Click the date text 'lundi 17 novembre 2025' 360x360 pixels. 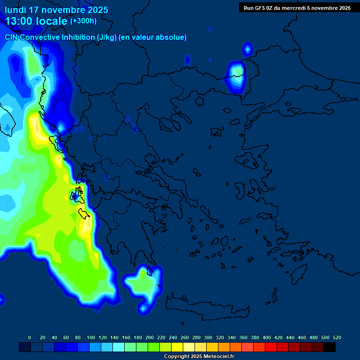point(56,10)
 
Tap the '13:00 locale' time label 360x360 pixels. point(37,21)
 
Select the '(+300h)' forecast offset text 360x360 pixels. point(83,21)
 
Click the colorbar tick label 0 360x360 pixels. point(30,337)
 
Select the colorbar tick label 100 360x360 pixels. point(91,337)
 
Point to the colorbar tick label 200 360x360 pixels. point(150,337)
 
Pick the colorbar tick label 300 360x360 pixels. point(208,337)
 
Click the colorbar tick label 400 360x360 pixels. point(267,337)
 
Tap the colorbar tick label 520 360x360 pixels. point(337,337)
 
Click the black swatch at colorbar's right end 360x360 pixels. point(330,347)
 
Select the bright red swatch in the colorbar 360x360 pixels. point(271,347)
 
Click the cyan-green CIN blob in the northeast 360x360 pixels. point(236,75)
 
